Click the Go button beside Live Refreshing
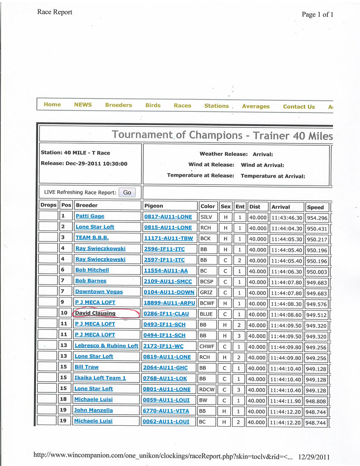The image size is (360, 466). [x=127, y=192]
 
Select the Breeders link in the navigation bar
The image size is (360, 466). [x=119, y=105]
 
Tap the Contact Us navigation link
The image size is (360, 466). [x=299, y=107]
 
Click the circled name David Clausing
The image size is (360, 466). [x=95, y=313]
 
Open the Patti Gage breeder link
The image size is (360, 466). [x=90, y=216]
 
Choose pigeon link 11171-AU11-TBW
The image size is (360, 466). [x=168, y=238]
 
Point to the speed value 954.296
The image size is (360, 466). [x=317, y=218]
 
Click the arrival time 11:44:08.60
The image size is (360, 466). [x=287, y=315]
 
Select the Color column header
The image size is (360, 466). [x=208, y=206]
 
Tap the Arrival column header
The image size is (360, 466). [x=281, y=207]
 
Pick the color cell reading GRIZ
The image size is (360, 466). [x=207, y=292]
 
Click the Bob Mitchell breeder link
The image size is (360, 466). [x=92, y=270]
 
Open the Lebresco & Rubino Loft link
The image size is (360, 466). [x=106, y=346]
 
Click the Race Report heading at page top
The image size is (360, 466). [x=55, y=12]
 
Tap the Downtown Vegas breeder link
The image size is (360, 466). [x=99, y=291]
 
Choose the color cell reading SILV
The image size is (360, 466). [x=206, y=216]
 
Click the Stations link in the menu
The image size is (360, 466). [x=216, y=106]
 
